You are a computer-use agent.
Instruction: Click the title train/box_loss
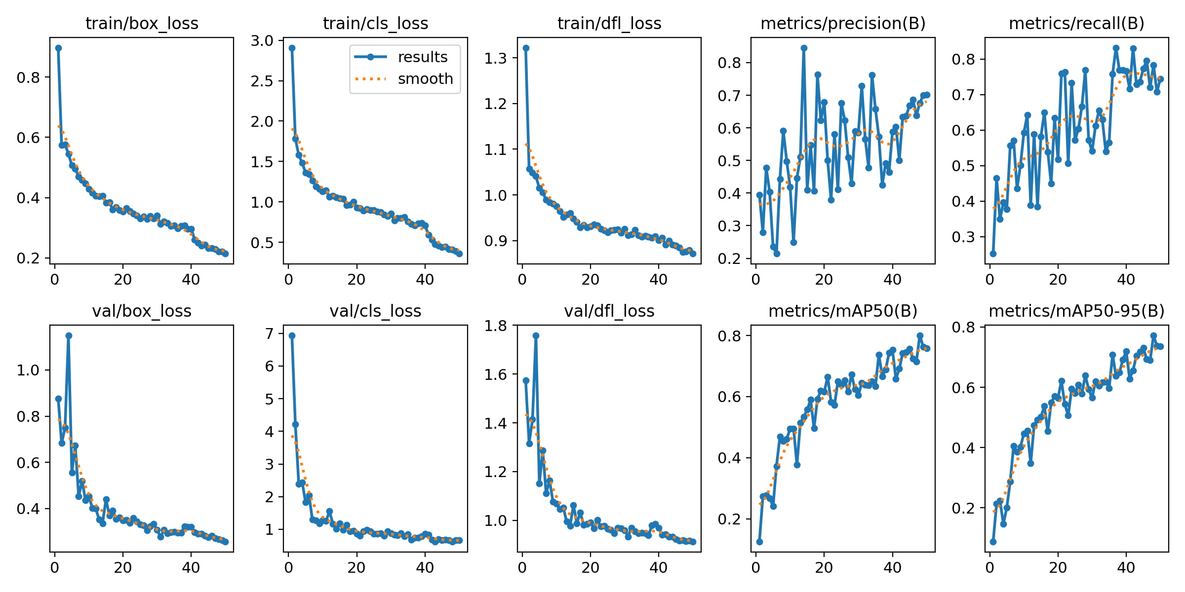point(142,23)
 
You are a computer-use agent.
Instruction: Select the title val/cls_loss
point(375,311)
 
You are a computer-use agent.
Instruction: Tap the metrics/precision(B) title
point(843,23)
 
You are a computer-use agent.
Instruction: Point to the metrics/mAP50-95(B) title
point(1076,311)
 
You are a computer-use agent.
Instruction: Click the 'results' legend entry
point(422,57)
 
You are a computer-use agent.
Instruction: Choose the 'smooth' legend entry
point(425,79)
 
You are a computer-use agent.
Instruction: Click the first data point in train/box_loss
point(58,48)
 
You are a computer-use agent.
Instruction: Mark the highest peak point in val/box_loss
point(69,335)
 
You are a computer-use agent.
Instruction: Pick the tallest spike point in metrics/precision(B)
point(804,48)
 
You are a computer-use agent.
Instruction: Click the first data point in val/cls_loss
point(292,335)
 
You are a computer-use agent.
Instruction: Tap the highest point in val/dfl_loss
point(536,335)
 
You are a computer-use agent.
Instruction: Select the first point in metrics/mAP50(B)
point(759,542)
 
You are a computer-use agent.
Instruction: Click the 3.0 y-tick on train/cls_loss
point(262,40)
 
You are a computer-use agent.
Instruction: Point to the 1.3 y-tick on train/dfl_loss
point(495,58)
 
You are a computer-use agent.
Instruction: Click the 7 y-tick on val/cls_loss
point(269,334)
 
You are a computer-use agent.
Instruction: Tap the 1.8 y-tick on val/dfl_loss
point(495,326)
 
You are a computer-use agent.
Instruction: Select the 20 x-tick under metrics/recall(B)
point(1058,279)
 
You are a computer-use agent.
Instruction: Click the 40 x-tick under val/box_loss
point(191,567)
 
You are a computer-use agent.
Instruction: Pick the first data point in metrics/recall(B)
point(993,254)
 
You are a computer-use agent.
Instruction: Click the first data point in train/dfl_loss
point(526,48)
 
